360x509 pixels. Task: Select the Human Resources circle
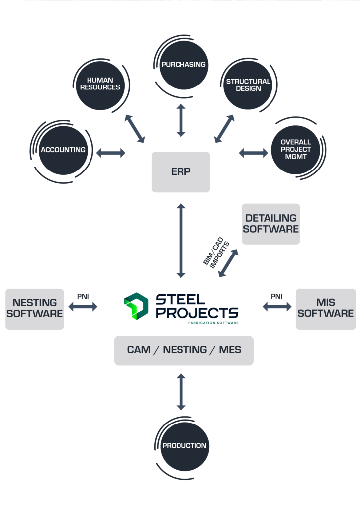pos(103,84)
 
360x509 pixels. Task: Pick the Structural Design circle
pos(248,85)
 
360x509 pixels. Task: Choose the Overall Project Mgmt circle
pos(295,149)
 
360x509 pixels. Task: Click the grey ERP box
pos(180,171)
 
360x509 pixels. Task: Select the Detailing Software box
pos(271,224)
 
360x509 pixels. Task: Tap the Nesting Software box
pos(35,308)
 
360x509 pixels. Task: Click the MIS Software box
pos(326,308)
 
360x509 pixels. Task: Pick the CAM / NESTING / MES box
pos(184,350)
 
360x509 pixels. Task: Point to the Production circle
pos(184,445)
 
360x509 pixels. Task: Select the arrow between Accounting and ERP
pos(111,153)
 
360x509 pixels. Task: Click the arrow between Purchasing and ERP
pos(181,120)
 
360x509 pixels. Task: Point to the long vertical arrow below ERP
pos(181,240)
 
